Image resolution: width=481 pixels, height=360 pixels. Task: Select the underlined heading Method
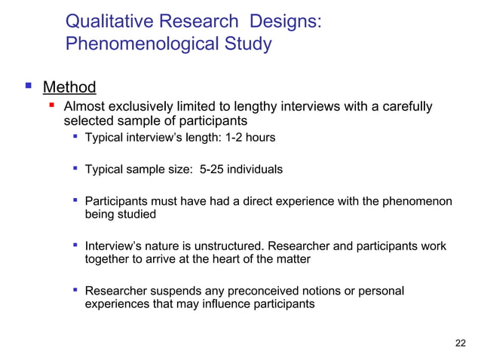pos(69,87)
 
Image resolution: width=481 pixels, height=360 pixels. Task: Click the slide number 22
pos(461,343)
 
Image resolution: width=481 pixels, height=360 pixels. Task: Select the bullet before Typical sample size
pos(75,169)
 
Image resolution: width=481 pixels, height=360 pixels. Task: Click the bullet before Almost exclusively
pos(53,106)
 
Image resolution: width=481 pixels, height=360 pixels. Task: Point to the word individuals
pos(258,169)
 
